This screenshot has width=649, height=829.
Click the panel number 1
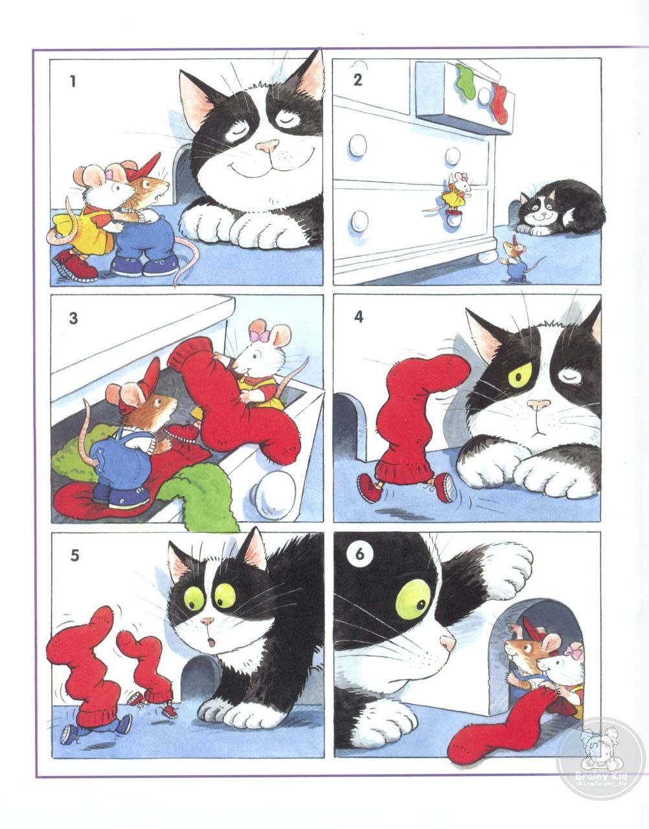tap(73, 81)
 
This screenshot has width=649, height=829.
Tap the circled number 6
tap(359, 554)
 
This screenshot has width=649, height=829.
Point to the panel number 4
tap(359, 317)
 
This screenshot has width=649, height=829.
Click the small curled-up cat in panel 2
tap(560, 209)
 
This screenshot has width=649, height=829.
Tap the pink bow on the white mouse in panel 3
tap(260, 336)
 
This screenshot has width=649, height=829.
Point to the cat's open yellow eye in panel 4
tap(520, 376)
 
